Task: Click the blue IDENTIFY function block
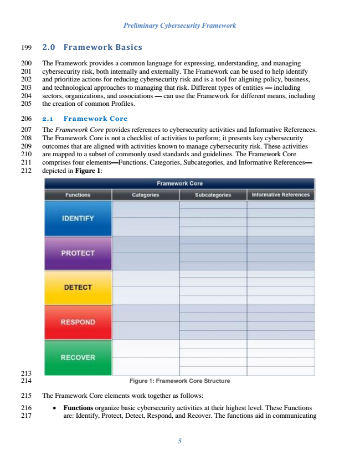click(78, 218)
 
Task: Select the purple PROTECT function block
click(78, 253)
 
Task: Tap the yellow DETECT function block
click(78, 288)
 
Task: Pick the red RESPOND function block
click(78, 322)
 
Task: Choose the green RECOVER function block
click(78, 357)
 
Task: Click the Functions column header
click(78, 195)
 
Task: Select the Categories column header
click(146, 195)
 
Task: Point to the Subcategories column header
click(213, 195)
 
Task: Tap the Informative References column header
click(281, 195)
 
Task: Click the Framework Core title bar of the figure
click(179, 183)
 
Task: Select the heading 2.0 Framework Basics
click(92, 47)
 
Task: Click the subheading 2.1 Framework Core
click(85, 119)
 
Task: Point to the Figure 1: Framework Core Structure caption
click(179, 381)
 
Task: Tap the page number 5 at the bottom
click(180, 442)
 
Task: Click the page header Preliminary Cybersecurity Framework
click(180, 25)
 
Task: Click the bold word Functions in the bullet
click(79, 408)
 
